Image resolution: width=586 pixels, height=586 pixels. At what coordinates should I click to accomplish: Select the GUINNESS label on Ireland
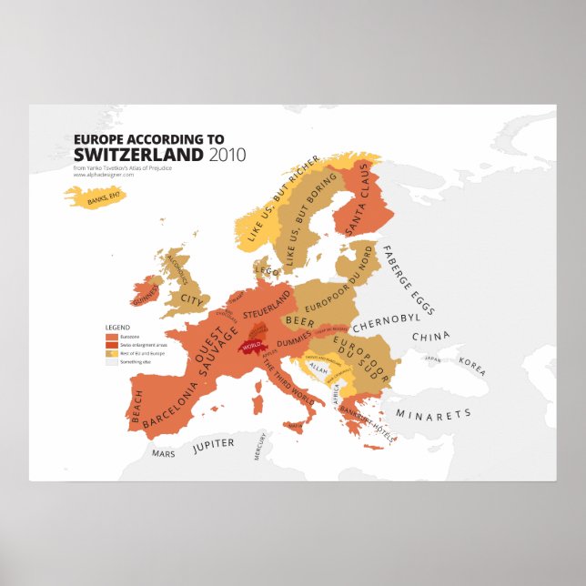pos(146,295)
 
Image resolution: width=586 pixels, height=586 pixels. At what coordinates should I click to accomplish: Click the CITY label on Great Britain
pos(192,298)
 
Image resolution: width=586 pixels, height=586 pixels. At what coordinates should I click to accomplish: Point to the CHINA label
pos(430,337)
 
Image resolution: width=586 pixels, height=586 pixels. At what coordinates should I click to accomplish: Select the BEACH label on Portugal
pos(137,407)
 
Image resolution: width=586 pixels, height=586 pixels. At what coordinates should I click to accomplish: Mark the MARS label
pos(164,452)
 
